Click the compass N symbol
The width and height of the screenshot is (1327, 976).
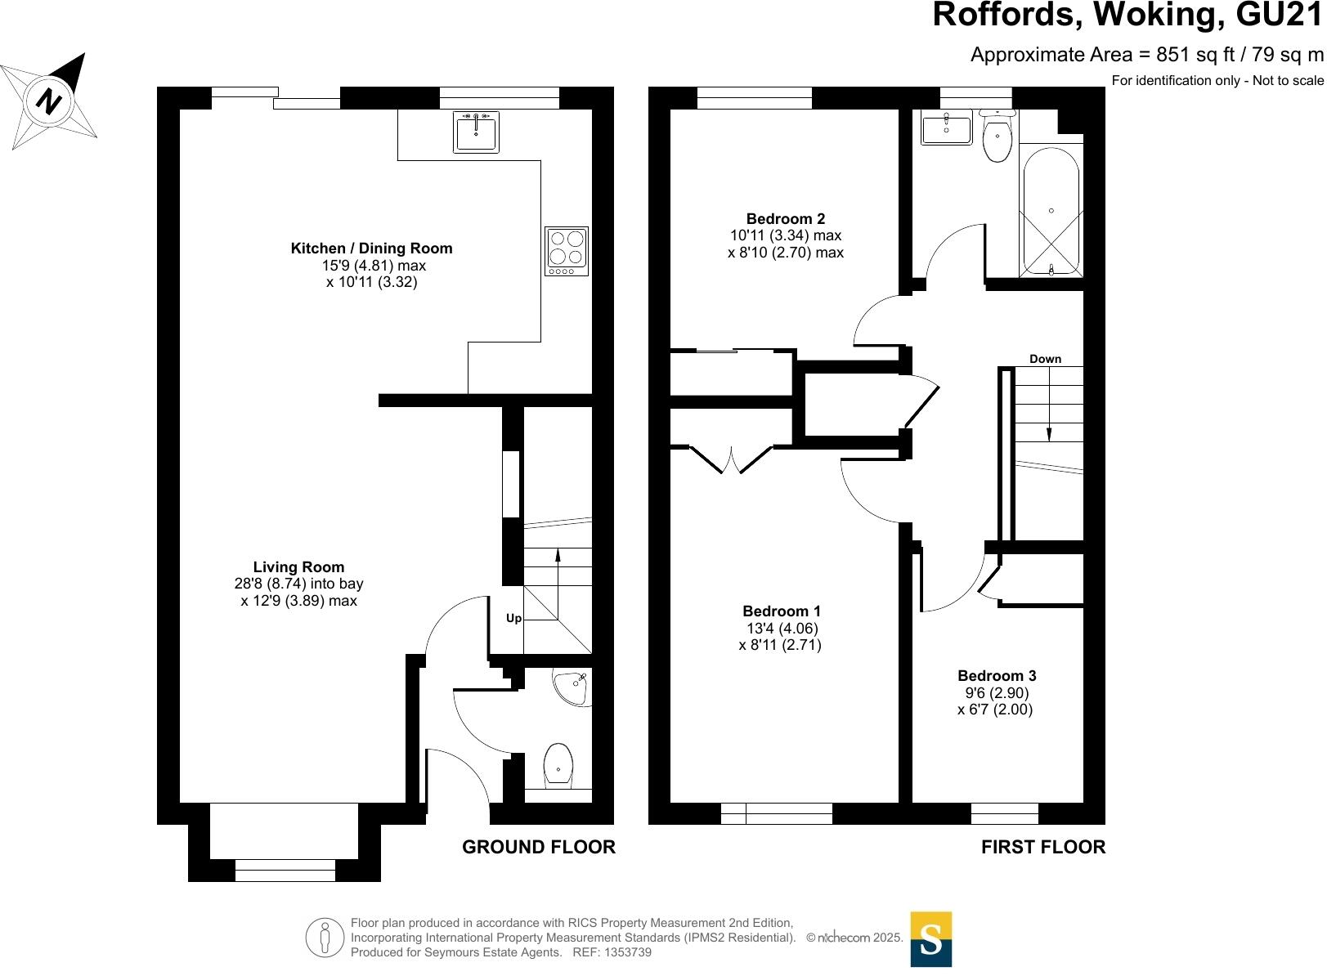[x=50, y=101]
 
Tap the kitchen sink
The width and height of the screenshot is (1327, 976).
[x=476, y=132]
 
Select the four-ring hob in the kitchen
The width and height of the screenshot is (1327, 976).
[x=567, y=251]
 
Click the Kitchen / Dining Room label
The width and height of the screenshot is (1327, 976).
[x=371, y=248]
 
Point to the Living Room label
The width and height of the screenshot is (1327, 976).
[x=298, y=567]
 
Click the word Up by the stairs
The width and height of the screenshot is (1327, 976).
[x=513, y=619]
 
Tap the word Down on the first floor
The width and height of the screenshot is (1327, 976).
[x=1045, y=359]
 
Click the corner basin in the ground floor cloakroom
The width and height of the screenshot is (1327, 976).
[x=572, y=687]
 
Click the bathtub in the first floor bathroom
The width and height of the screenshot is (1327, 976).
[x=1051, y=211]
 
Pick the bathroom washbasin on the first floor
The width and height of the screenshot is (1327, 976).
[x=946, y=129]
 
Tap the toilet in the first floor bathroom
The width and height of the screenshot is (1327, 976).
[x=997, y=137]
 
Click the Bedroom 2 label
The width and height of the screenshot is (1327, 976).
[x=785, y=219]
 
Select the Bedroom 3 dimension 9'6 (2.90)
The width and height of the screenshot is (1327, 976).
[x=996, y=693]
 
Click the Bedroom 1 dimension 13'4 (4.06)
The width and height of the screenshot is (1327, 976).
[x=782, y=629]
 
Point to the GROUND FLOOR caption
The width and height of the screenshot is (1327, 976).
[x=538, y=848]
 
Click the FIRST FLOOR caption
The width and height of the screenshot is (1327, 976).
[x=1042, y=848]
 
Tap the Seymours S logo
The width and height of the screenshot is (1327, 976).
[x=930, y=939]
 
